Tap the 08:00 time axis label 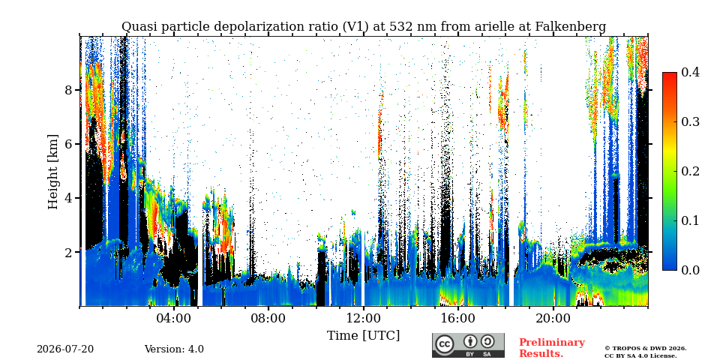click(269, 318)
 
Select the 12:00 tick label click(363, 318)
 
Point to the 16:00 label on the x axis click(458, 318)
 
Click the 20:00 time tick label click(553, 318)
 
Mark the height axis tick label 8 click(69, 89)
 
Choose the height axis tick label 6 click(69, 144)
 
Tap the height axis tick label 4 click(69, 198)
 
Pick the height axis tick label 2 click(69, 252)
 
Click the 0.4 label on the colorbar click(690, 72)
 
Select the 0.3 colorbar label click(690, 121)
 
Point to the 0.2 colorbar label click(690, 171)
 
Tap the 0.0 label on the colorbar click(690, 270)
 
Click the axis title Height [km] click(53, 172)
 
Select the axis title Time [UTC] click(363, 336)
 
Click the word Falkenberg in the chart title click(571, 27)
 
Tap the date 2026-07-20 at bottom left click(65, 349)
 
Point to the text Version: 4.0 click(174, 349)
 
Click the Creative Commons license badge click(468, 345)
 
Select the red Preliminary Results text click(552, 347)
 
